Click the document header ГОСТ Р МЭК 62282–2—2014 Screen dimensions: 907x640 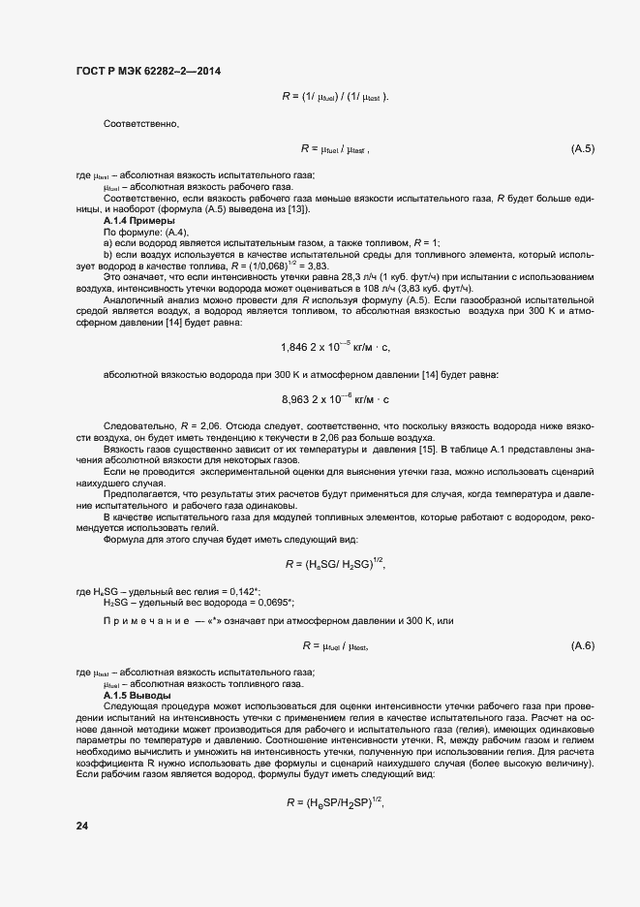(145, 71)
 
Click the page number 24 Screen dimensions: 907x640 (82, 826)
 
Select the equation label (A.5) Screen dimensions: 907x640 (583, 148)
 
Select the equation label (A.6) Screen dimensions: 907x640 (583, 645)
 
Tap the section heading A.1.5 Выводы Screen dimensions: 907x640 (137, 696)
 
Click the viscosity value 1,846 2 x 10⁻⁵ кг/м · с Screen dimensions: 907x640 (335, 346)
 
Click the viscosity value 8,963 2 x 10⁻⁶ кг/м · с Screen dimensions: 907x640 (335, 398)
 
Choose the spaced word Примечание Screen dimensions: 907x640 (145, 619)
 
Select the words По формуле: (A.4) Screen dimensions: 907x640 (138, 232)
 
